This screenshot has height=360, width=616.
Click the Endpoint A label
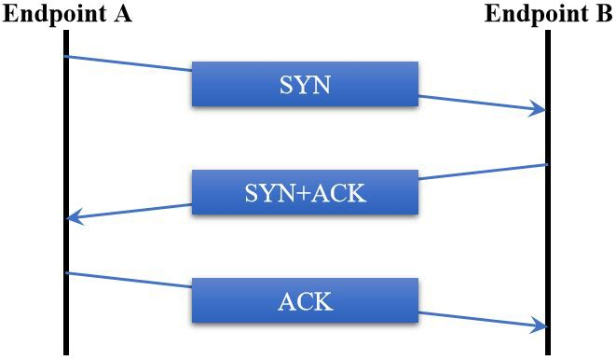[x=67, y=14]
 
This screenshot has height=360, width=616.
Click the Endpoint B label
[x=548, y=14]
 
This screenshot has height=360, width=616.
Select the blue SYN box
[x=305, y=84]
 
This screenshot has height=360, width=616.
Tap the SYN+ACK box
[x=305, y=192]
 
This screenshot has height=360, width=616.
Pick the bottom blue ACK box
[x=305, y=300]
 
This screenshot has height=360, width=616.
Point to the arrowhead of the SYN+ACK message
[x=74, y=218]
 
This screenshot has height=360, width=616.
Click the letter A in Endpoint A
[x=122, y=14]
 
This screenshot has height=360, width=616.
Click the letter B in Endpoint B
[x=604, y=14]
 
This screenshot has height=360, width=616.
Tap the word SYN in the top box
[x=305, y=85]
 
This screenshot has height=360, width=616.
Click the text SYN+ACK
[x=305, y=193]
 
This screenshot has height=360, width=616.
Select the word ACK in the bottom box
[x=305, y=301]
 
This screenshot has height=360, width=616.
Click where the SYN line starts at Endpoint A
[x=67, y=57]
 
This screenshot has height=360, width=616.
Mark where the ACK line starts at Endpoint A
[x=67, y=273]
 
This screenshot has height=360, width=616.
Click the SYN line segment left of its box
[x=130, y=63]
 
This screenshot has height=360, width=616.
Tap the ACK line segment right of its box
[x=480, y=319]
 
